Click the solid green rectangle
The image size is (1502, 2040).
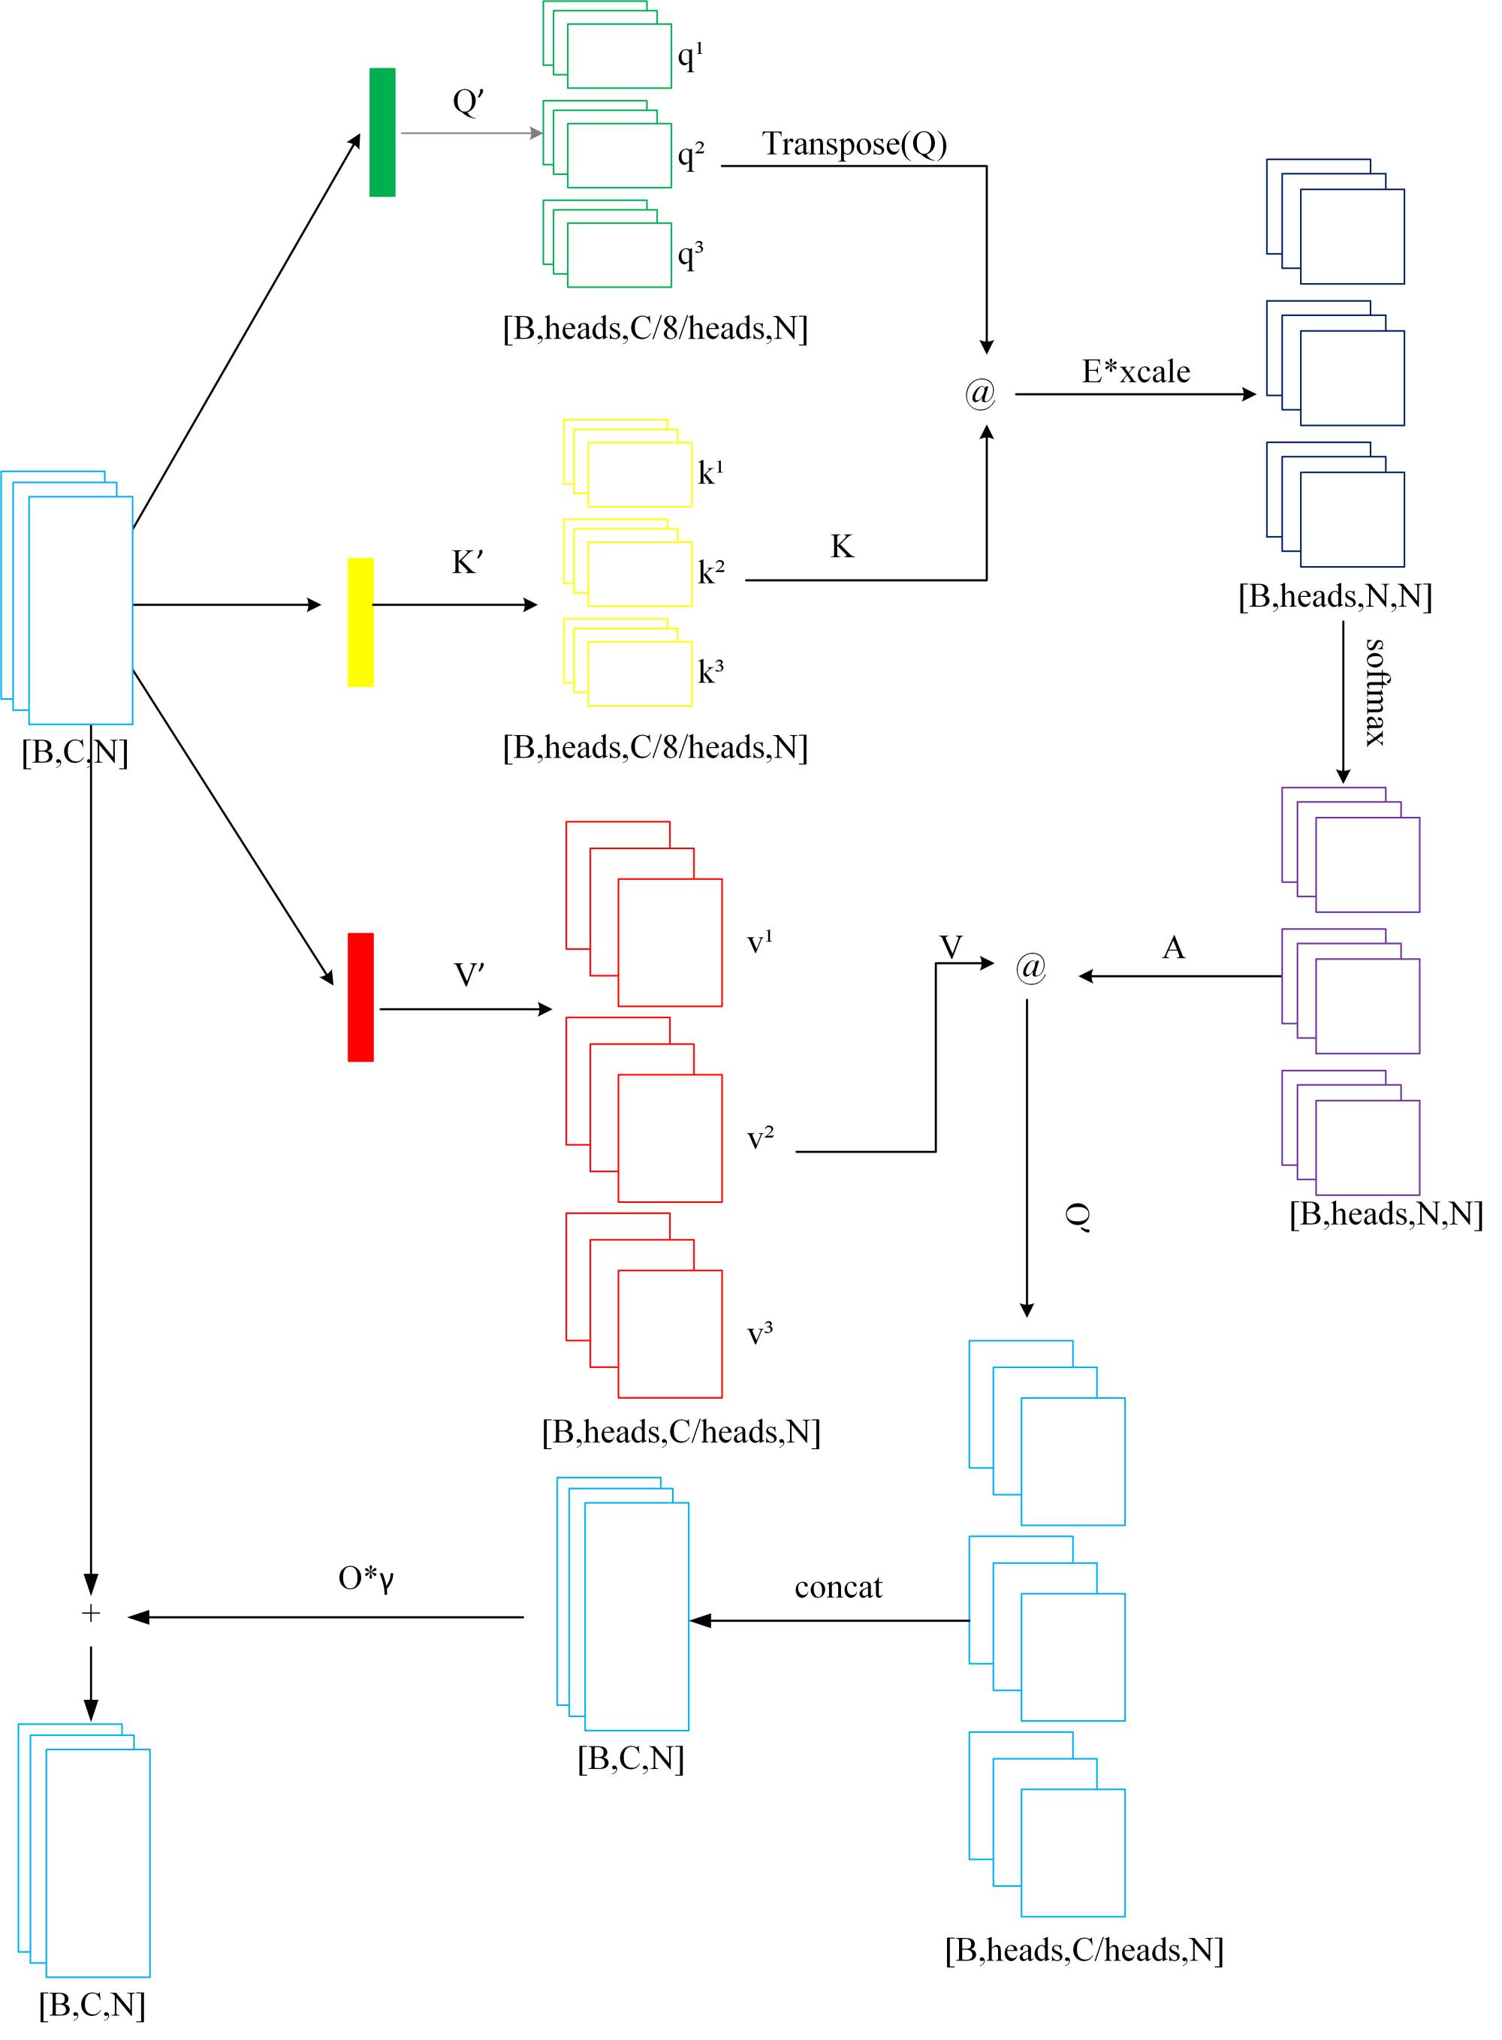[x=382, y=132]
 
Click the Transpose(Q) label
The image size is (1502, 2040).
[x=854, y=143]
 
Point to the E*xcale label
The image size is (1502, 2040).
[x=1136, y=371]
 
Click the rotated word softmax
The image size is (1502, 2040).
[x=1376, y=693]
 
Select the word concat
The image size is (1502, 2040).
[x=837, y=1587]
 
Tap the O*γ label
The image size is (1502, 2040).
[x=366, y=1578]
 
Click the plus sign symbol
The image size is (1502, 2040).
[x=90, y=1614]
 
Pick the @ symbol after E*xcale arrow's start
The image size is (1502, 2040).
[x=980, y=393]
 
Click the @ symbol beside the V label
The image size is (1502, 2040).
[x=1031, y=967]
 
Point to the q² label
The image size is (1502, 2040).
[x=691, y=155]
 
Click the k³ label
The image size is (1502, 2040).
[x=711, y=671]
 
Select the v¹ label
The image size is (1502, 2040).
[x=760, y=942]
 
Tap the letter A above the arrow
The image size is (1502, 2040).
[x=1174, y=948]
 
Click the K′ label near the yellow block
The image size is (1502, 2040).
[x=467, y=562]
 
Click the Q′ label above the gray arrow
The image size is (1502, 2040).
[x=467, y=100]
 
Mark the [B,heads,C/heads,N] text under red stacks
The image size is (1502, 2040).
[x=681, y=1432]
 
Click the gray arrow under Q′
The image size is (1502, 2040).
[x=471, y=133]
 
